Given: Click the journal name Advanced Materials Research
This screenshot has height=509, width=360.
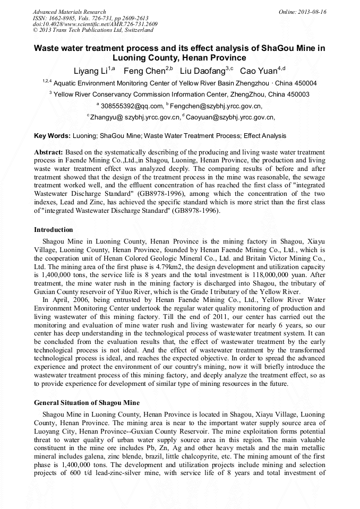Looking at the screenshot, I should (69, 12).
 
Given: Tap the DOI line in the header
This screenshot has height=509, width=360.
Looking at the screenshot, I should (95, 24).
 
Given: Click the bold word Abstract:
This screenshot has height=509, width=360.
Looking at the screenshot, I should (49, 152).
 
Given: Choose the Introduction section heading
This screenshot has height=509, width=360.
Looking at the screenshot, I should (54, 230).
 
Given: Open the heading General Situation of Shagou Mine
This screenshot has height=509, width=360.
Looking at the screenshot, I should (87, 403).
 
